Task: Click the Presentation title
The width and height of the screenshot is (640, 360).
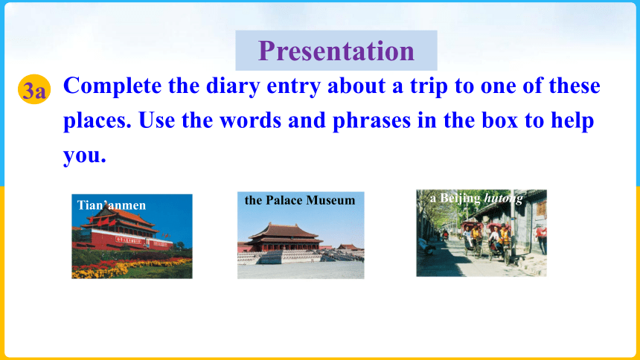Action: click(x=336, y=51)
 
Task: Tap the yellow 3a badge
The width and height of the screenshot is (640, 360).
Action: click(x=34, y=89)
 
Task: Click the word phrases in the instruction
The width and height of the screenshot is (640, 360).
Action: click(x=371, y=121)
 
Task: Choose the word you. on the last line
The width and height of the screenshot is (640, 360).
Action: click(x=85, y=156)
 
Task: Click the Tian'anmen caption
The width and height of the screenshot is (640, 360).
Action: click(x=112, y=205)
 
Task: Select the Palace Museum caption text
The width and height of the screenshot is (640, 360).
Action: click(x=300, y=200)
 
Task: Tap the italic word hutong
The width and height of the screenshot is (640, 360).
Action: click(x=503, y=199)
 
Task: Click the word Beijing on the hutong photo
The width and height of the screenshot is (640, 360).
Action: click(x=460, y=199)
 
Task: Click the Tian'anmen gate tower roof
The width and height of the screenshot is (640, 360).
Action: click(x=121, y=219)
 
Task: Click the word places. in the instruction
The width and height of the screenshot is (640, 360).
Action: click(x=97, y=121)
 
